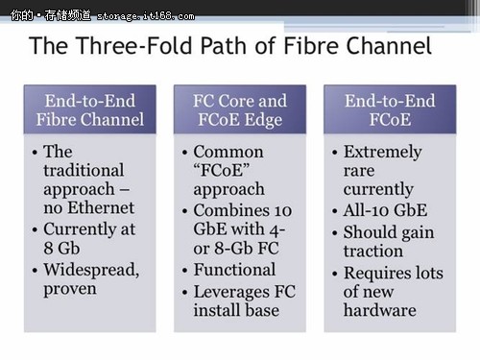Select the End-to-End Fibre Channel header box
(x=89, y=109)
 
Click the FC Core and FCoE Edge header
(x=240, y=109)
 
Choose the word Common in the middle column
(x=228, y=152)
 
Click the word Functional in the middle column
(x=234, y=270)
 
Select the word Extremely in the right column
(x=382, y=152)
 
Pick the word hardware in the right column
(x=379, y=309)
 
